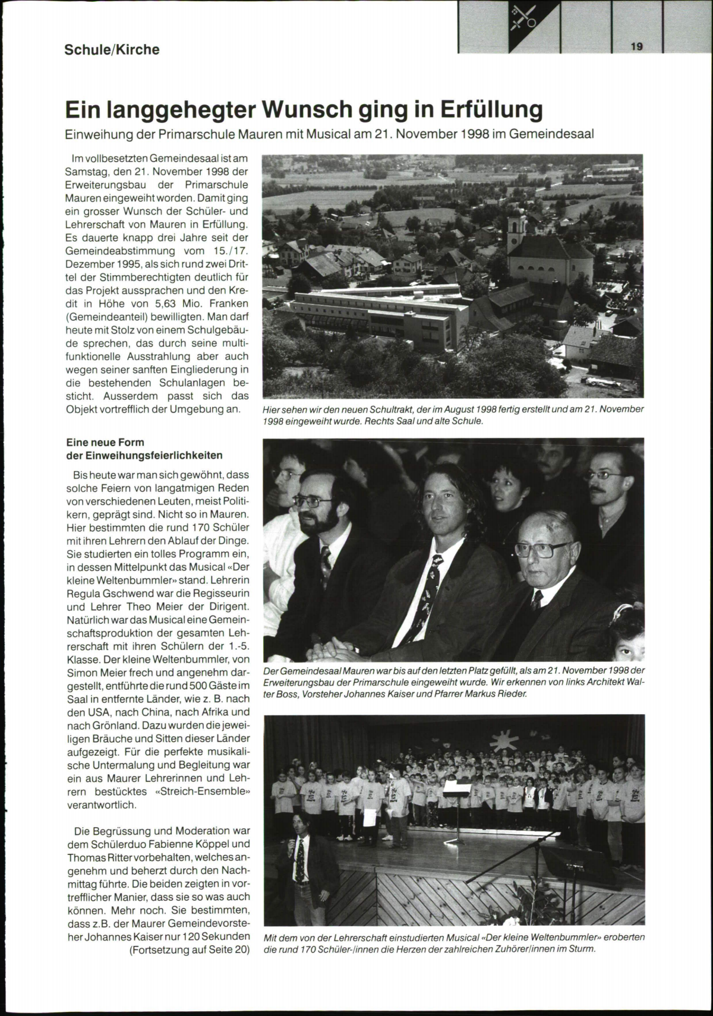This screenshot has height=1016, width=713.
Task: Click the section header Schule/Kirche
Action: pos(112,50)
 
